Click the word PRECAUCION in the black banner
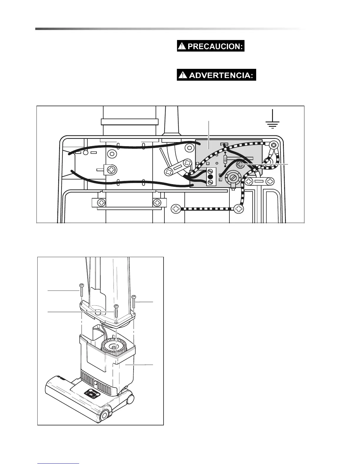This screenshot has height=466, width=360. click(215, 47)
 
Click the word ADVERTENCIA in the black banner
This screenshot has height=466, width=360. click(221, 75)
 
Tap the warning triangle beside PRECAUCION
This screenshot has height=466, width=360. click(183, 47)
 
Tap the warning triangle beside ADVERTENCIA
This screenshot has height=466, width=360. click(183, 75)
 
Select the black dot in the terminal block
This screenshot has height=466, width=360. click(210, 177)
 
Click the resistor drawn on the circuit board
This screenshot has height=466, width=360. click(225, 159)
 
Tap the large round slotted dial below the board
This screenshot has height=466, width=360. click(233, 178)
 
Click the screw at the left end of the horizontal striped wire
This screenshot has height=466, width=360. click(176, 209)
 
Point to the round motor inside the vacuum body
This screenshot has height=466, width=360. click(114, 347)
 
